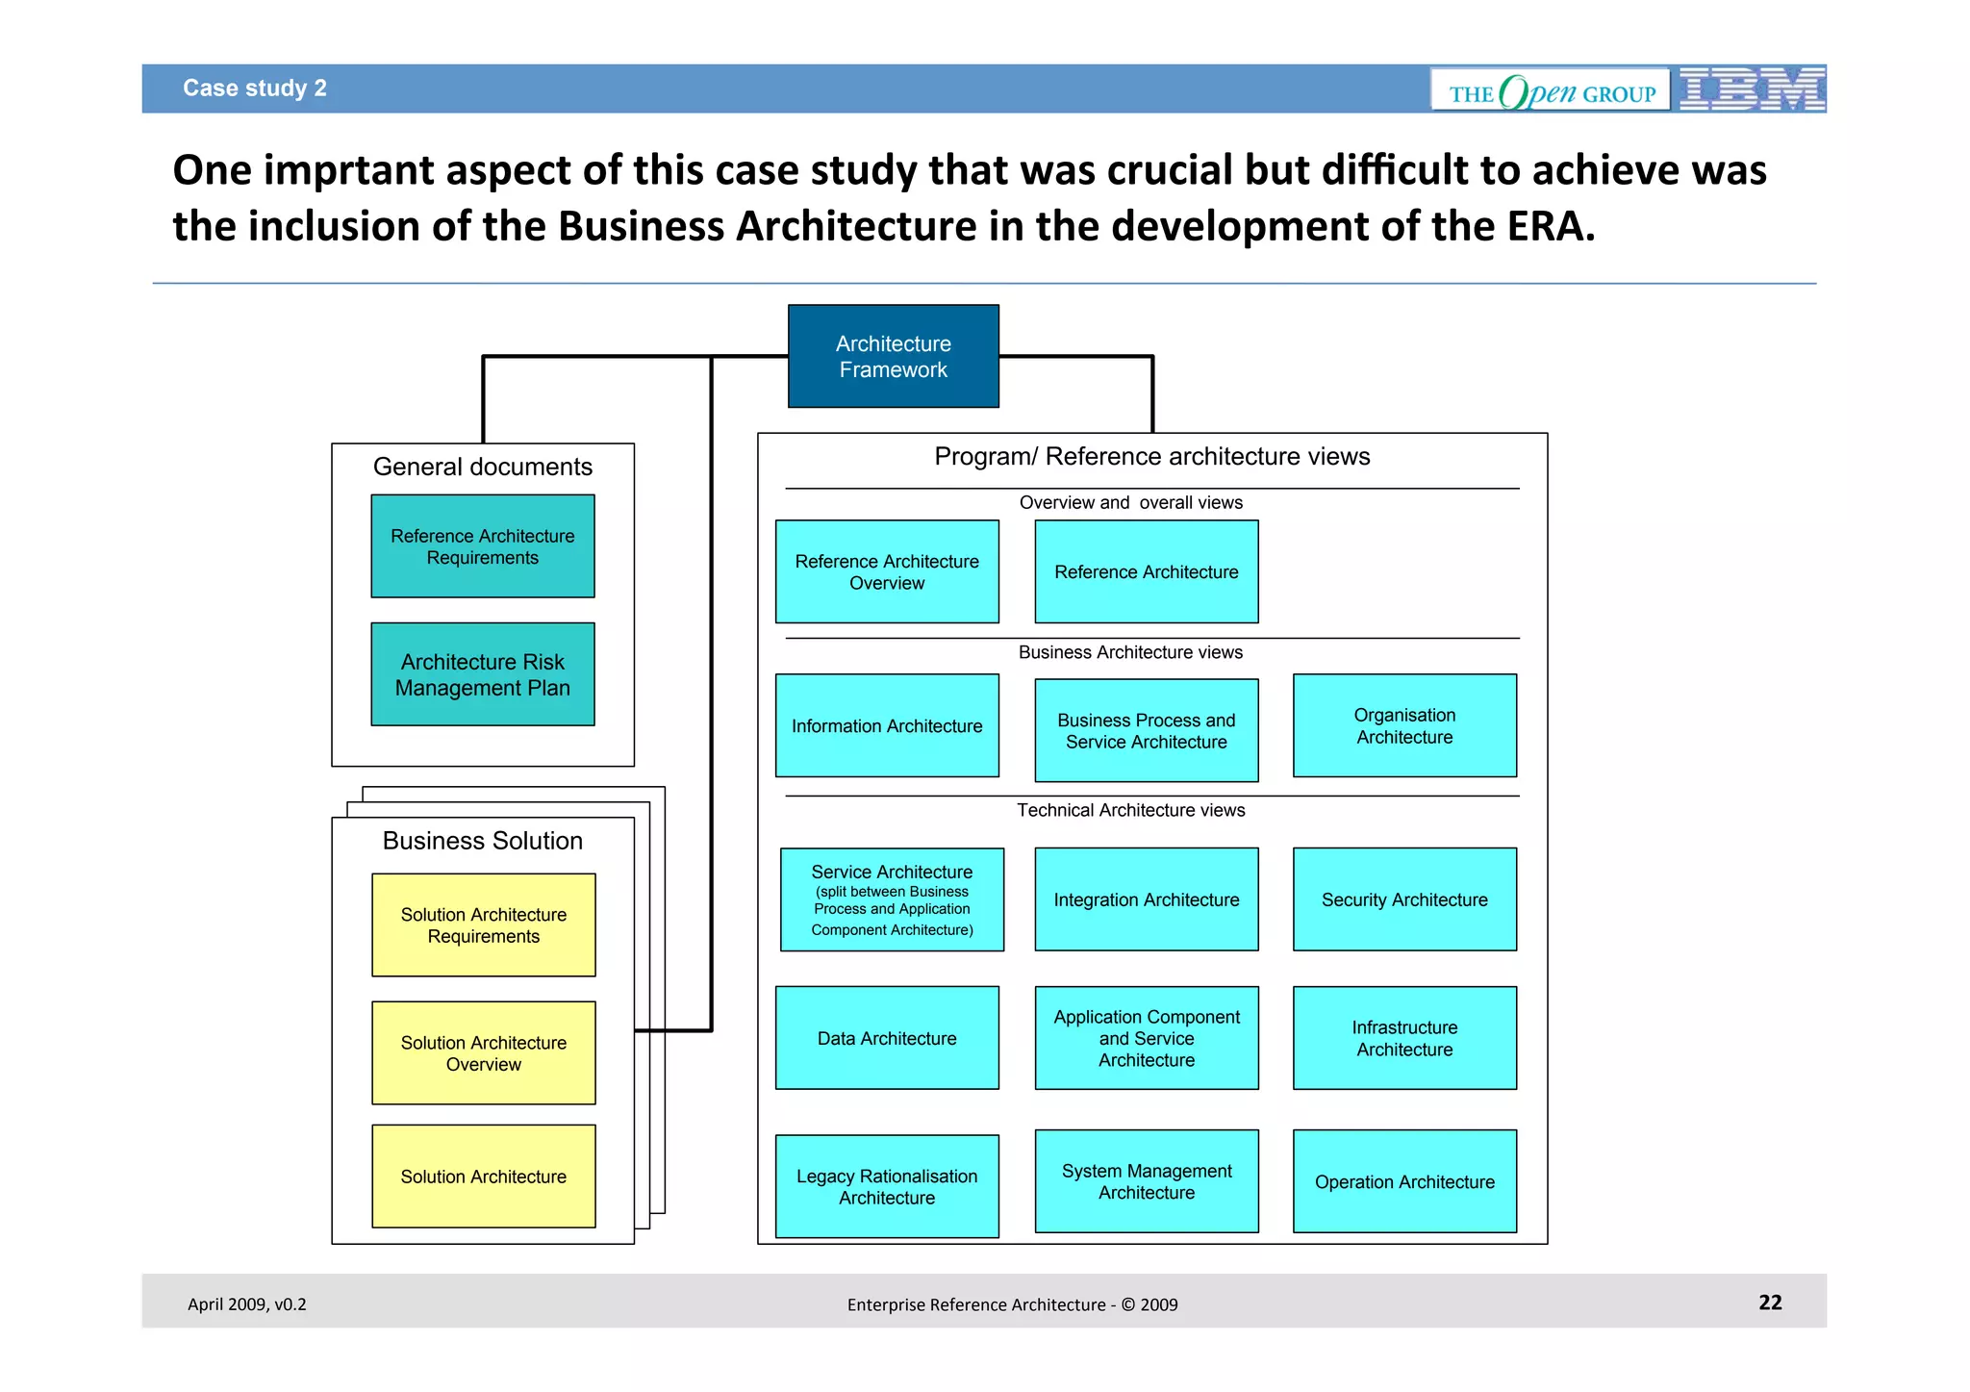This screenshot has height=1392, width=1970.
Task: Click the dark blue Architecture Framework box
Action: click(x=893, y=356)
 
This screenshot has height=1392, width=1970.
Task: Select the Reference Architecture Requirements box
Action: click(x=482, y=546)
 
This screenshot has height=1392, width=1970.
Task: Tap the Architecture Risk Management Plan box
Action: click(x=482, y=674)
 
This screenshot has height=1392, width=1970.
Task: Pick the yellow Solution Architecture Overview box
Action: click(x=483, y=1053)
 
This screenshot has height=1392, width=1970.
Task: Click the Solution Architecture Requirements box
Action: click(x=483, y=924)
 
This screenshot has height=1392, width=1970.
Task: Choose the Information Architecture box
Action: click(x=886, y=725)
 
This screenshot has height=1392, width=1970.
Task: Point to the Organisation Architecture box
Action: click(x=1403, y=725)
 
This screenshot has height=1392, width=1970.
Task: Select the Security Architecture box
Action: click(x=1403, y=899)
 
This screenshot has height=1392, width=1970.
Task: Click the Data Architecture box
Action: click(x=886, y=1038)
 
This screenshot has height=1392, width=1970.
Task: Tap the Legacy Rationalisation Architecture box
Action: click(x=886, y=1186)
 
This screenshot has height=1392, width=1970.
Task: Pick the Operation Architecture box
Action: click(x=1403, y=1181)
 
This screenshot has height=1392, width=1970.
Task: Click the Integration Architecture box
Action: click(x=1146, y=899)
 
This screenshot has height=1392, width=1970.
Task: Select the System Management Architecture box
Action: click(x=1146, y=1181)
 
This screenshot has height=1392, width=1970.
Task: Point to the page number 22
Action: click(x=1770, y=1303)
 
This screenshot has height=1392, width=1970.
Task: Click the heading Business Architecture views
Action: click(x=1130, y=652)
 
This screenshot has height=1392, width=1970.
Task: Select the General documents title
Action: click(x=482, y=467)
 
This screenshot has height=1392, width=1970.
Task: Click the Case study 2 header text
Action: click(x=255, y=89)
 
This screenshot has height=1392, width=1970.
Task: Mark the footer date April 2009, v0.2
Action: click(x=246, y=1304)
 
